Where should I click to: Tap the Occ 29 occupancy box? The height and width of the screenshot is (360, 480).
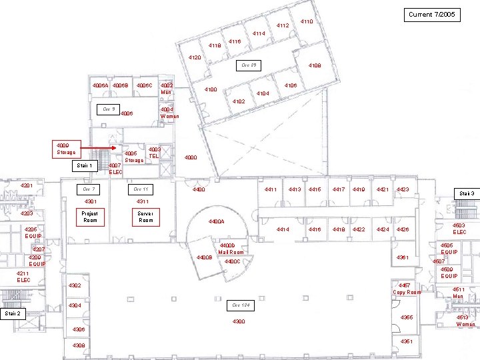(249, 65)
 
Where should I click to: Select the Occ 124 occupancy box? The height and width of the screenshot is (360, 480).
(240, 305)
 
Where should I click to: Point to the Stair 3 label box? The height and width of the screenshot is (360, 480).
(466, 193)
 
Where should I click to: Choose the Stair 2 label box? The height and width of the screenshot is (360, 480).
(12, 313)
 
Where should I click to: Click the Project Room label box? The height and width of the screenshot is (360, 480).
(89, 217)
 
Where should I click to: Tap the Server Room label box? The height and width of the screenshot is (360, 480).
(145, 217)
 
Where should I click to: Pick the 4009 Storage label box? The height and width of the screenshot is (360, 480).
(67, 148)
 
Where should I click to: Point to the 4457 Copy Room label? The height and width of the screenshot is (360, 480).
(407, 288)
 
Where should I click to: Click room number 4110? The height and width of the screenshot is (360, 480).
(307, 22)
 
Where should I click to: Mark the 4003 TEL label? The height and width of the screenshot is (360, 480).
(154, 153)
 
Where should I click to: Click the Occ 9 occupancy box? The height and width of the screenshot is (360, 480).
(108, 109)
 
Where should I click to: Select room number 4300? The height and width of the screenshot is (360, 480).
(239, 322)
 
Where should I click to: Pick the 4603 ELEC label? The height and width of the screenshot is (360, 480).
(459, 229)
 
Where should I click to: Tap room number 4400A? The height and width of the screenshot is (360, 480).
(217, 221)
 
